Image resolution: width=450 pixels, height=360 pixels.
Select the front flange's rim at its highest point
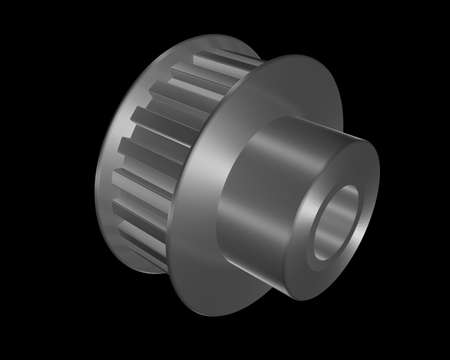[x=300, y=56]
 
